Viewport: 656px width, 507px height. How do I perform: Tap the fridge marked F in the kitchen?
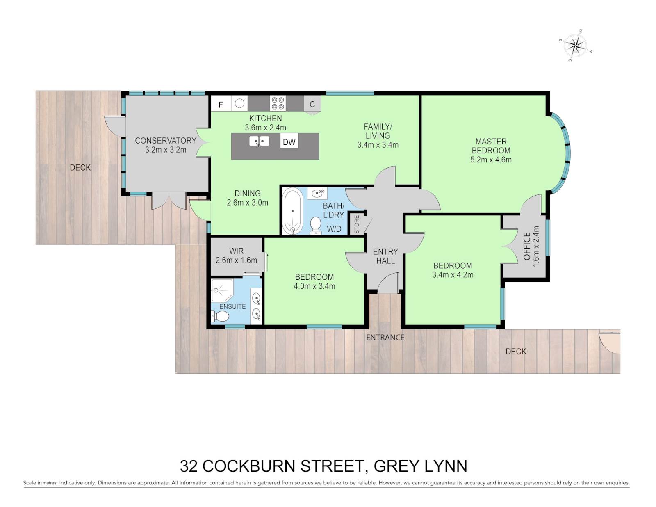pyautogui.click(x=221, y=104)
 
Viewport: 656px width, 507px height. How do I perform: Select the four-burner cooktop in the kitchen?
pyautogui.click(x=278, y=103)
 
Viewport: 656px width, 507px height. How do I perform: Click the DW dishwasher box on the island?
pyautogui.click(x=289, y=142)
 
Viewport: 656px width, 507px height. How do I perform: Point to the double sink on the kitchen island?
pyautogui.click(x=259, y=141)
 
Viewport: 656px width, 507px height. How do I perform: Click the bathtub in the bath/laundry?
pyautogui.click(x=292, y=211)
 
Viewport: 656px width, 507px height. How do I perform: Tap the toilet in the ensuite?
pyautogui.click(x=221, y=316)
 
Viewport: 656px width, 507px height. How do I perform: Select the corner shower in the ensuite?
pyautogui.click(x=222, y=290)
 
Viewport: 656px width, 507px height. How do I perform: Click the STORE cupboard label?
pyautogui.click(x=357, y=224)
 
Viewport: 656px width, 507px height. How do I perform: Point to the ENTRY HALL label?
pyautogui.click(x=385, y=256)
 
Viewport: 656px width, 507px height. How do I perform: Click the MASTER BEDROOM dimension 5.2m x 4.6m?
pyautogui.click(x=491, y=160)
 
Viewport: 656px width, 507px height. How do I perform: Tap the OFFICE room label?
pyautogui.click(x=527, y=246)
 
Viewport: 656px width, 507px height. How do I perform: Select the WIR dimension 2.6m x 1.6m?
pyautogui.click(x=236, y=260)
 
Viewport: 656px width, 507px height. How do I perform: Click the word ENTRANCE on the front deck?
pyautogui.click(x=385, y=337)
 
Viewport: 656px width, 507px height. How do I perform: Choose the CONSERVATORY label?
pyautogui.click(x=165, y=140)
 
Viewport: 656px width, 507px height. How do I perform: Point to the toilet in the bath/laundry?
pyautogui.click(x=315, y=225)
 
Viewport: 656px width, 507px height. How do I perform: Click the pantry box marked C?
pyautogui.click(x=312, y=105)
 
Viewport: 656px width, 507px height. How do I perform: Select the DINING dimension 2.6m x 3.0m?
pyautogui.click(x=247, y=203)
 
